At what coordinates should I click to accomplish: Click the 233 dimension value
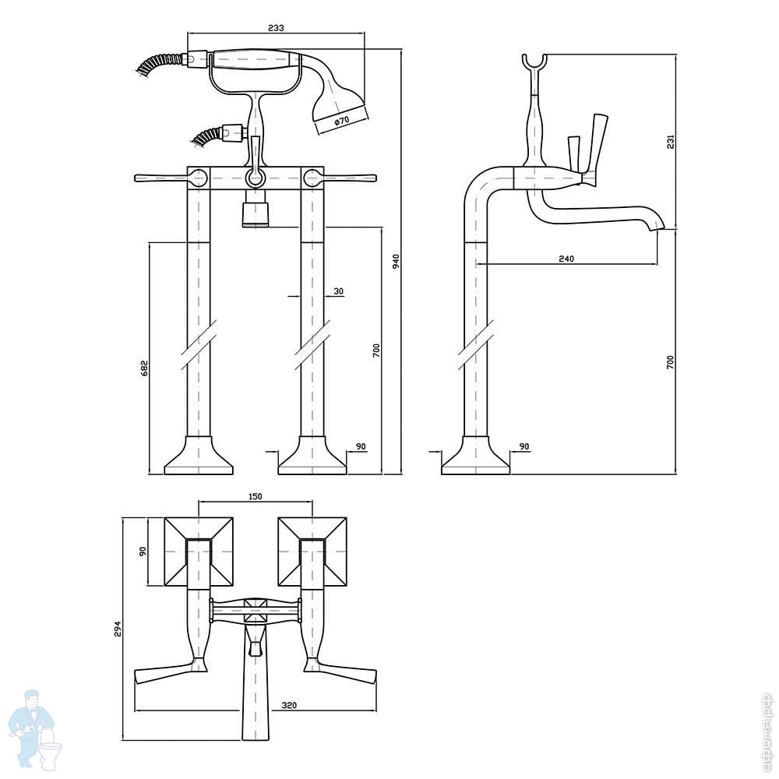coord(276,27)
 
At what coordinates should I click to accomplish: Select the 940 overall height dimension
coord(396,261)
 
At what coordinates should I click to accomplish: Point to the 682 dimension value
coord(144,368)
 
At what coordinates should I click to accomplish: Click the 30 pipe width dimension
coord(338,291)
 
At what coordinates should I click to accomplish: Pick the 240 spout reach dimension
coord(566,259)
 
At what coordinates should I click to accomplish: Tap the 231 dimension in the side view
coord(671,141)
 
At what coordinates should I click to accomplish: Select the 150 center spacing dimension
coord(255,496)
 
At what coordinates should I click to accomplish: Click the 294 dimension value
coord(118,629)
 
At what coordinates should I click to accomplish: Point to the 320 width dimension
coord(289,706)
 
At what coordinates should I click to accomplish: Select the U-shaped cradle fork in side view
coord(534,64)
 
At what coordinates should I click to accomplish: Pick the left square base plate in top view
coord(199,552)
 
